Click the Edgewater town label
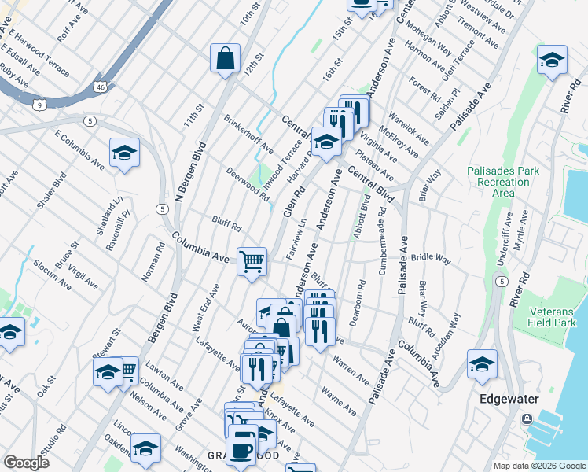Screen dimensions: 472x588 [509, 399]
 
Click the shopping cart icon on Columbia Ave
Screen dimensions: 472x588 [252, 260]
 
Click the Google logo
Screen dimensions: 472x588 [26, 463]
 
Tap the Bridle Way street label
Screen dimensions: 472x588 [432, 257]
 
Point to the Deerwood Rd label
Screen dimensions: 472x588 [248, 183]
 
